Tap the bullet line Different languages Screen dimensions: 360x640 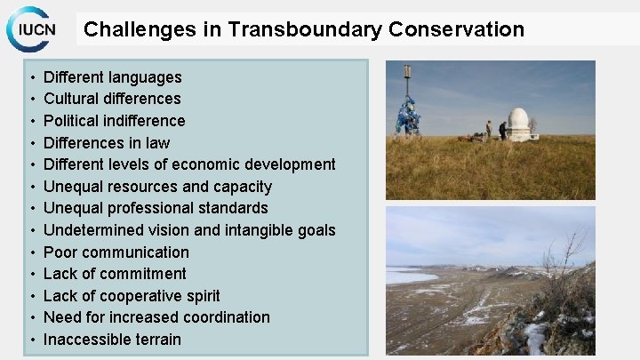112,77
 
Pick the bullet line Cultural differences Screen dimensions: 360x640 112,99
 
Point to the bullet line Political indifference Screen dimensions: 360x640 114,121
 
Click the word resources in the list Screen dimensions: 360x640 143,187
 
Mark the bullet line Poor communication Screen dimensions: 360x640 116,252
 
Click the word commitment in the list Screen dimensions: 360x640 142,274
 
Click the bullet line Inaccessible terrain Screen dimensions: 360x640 112,340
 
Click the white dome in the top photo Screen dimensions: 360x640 518,124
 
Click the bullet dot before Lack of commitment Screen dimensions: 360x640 31,274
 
